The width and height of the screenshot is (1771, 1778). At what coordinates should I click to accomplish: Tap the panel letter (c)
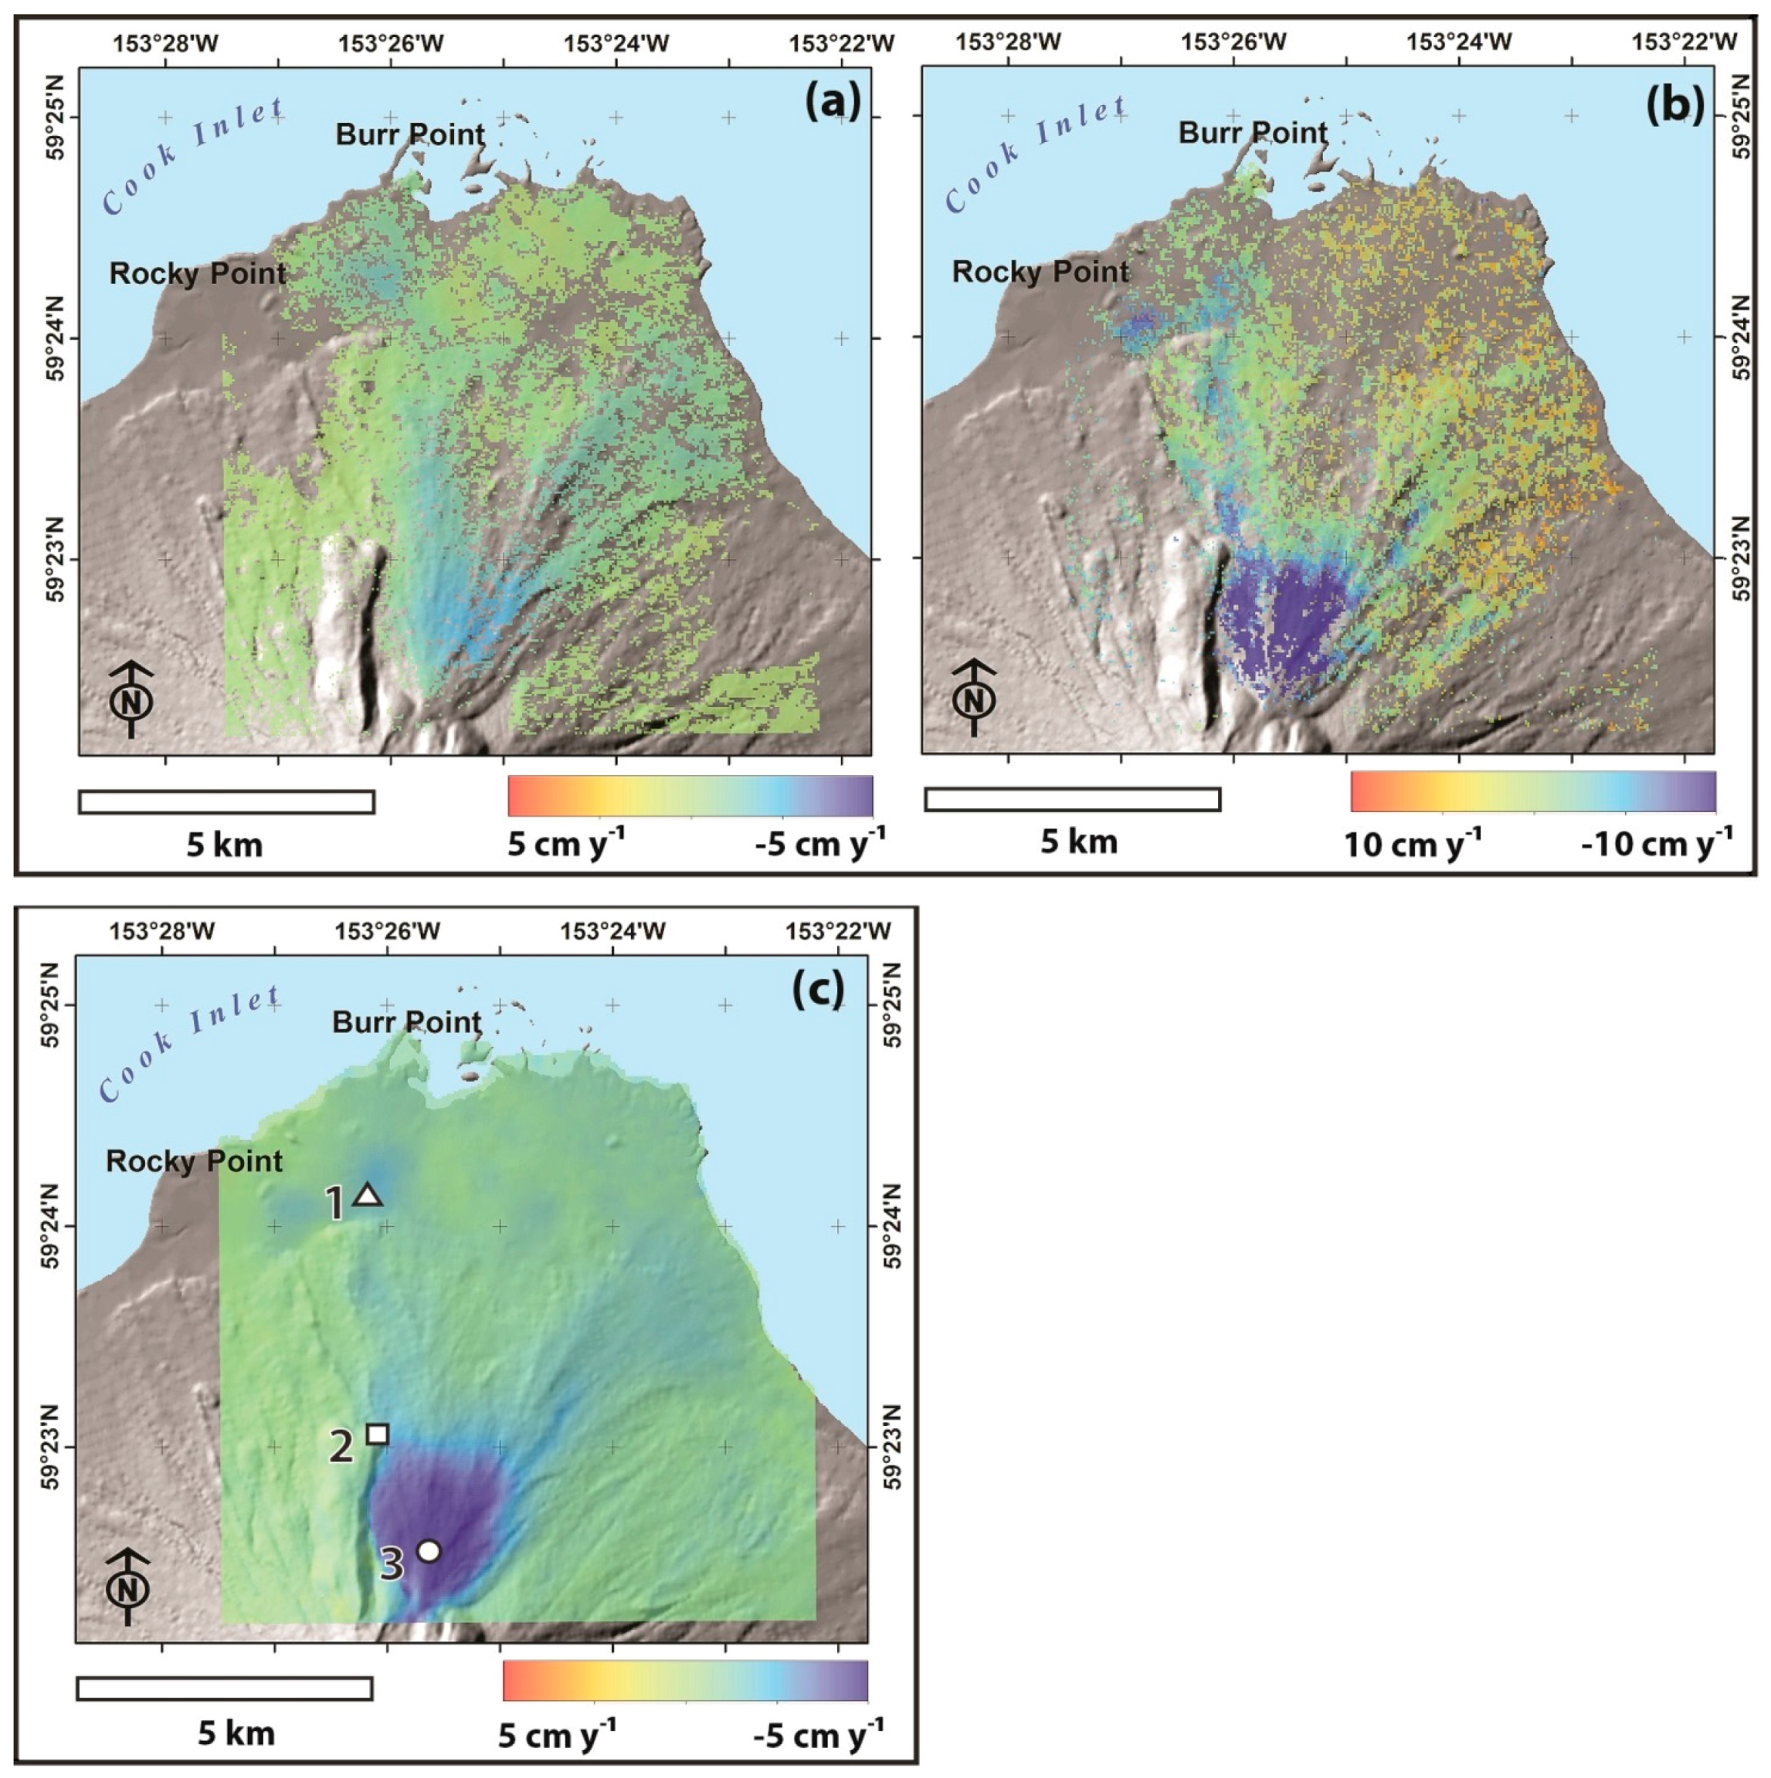[x=817, y=988]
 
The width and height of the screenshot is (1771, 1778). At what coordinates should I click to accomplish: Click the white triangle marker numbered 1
[x=368, y=1194]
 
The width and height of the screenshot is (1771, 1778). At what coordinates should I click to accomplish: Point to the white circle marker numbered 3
[x=428, y=1551]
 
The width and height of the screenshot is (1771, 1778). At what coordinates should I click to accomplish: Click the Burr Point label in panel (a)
[x=409, y=134]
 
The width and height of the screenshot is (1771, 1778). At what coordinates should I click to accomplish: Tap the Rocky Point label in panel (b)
[x=1040, y=272]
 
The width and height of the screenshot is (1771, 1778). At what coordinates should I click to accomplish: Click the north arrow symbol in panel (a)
[x=131, y=698]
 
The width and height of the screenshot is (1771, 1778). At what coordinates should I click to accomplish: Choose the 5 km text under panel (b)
[x=1079, y=842]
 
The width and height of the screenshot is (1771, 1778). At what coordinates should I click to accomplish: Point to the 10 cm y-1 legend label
[x=1412, y=843]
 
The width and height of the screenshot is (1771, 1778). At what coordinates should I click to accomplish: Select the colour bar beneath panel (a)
[x=690, y=795]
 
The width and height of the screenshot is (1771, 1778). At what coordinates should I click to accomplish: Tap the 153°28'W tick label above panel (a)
[x=166, y=42]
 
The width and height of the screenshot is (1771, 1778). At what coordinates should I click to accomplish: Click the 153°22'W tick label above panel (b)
[x=1684, y=42]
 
